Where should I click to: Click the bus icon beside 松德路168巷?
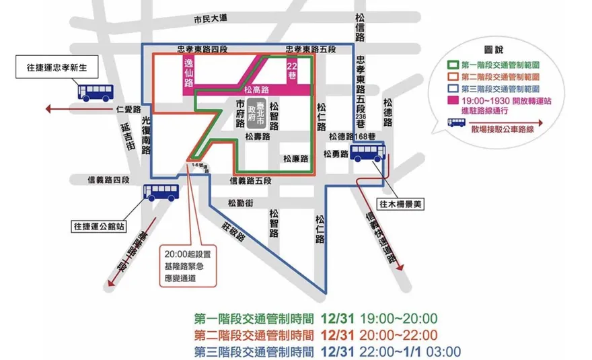click(368, 151)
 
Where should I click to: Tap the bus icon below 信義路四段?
click(161, 193)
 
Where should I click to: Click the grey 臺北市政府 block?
click(252, 110)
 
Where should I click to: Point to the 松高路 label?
click(257, 89)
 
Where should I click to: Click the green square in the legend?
click(453, 65)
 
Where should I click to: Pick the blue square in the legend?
click(453, 88)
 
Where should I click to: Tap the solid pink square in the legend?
click(453, 100)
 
